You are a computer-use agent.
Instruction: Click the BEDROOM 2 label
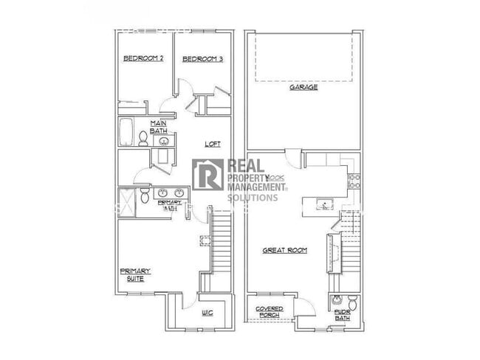[143, 59]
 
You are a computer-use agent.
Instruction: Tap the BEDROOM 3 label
[202, 59]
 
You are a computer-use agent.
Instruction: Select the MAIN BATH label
[159, 127]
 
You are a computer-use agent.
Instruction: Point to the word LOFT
[213, 144]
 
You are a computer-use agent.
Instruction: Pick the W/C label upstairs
[207, 313]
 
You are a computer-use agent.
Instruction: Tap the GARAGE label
[303, 87]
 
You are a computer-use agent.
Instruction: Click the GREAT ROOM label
[285, 251]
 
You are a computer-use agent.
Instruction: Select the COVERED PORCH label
[270, 311]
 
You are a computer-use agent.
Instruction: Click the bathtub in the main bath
[124, 132]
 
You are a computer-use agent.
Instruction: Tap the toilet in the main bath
[143, 138]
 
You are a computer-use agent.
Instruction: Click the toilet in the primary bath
[145, 195]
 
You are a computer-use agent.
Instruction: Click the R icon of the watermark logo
[208, 176]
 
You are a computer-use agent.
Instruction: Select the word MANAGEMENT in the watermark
[253, 187]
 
